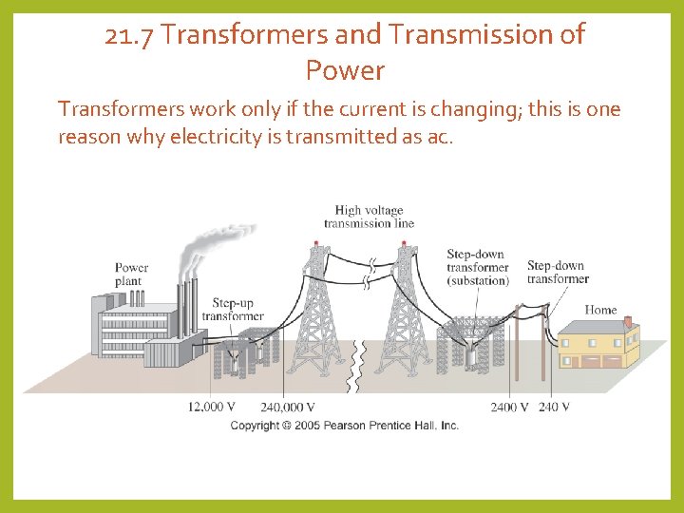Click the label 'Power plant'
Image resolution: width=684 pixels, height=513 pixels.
[x=131, y=275]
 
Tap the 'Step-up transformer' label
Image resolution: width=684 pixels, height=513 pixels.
[x=233, y=310]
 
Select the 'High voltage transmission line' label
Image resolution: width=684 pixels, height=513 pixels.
[x=369, y=217]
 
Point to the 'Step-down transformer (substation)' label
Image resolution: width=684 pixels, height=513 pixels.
[x=478, y=267]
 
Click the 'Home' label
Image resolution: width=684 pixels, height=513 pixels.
[x=600, y=310]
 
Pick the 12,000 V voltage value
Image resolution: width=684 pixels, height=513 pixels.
[x=212, y=407]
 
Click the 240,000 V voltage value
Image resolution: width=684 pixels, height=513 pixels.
[x=287, y=407]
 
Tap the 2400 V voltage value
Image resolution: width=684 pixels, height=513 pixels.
[x=510, y=407]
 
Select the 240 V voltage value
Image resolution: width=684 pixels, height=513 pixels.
[x=554, y=407]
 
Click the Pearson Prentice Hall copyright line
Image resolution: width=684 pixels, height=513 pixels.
[x=345, y=425]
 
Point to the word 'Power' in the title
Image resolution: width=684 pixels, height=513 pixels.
[x=345, y=70]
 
